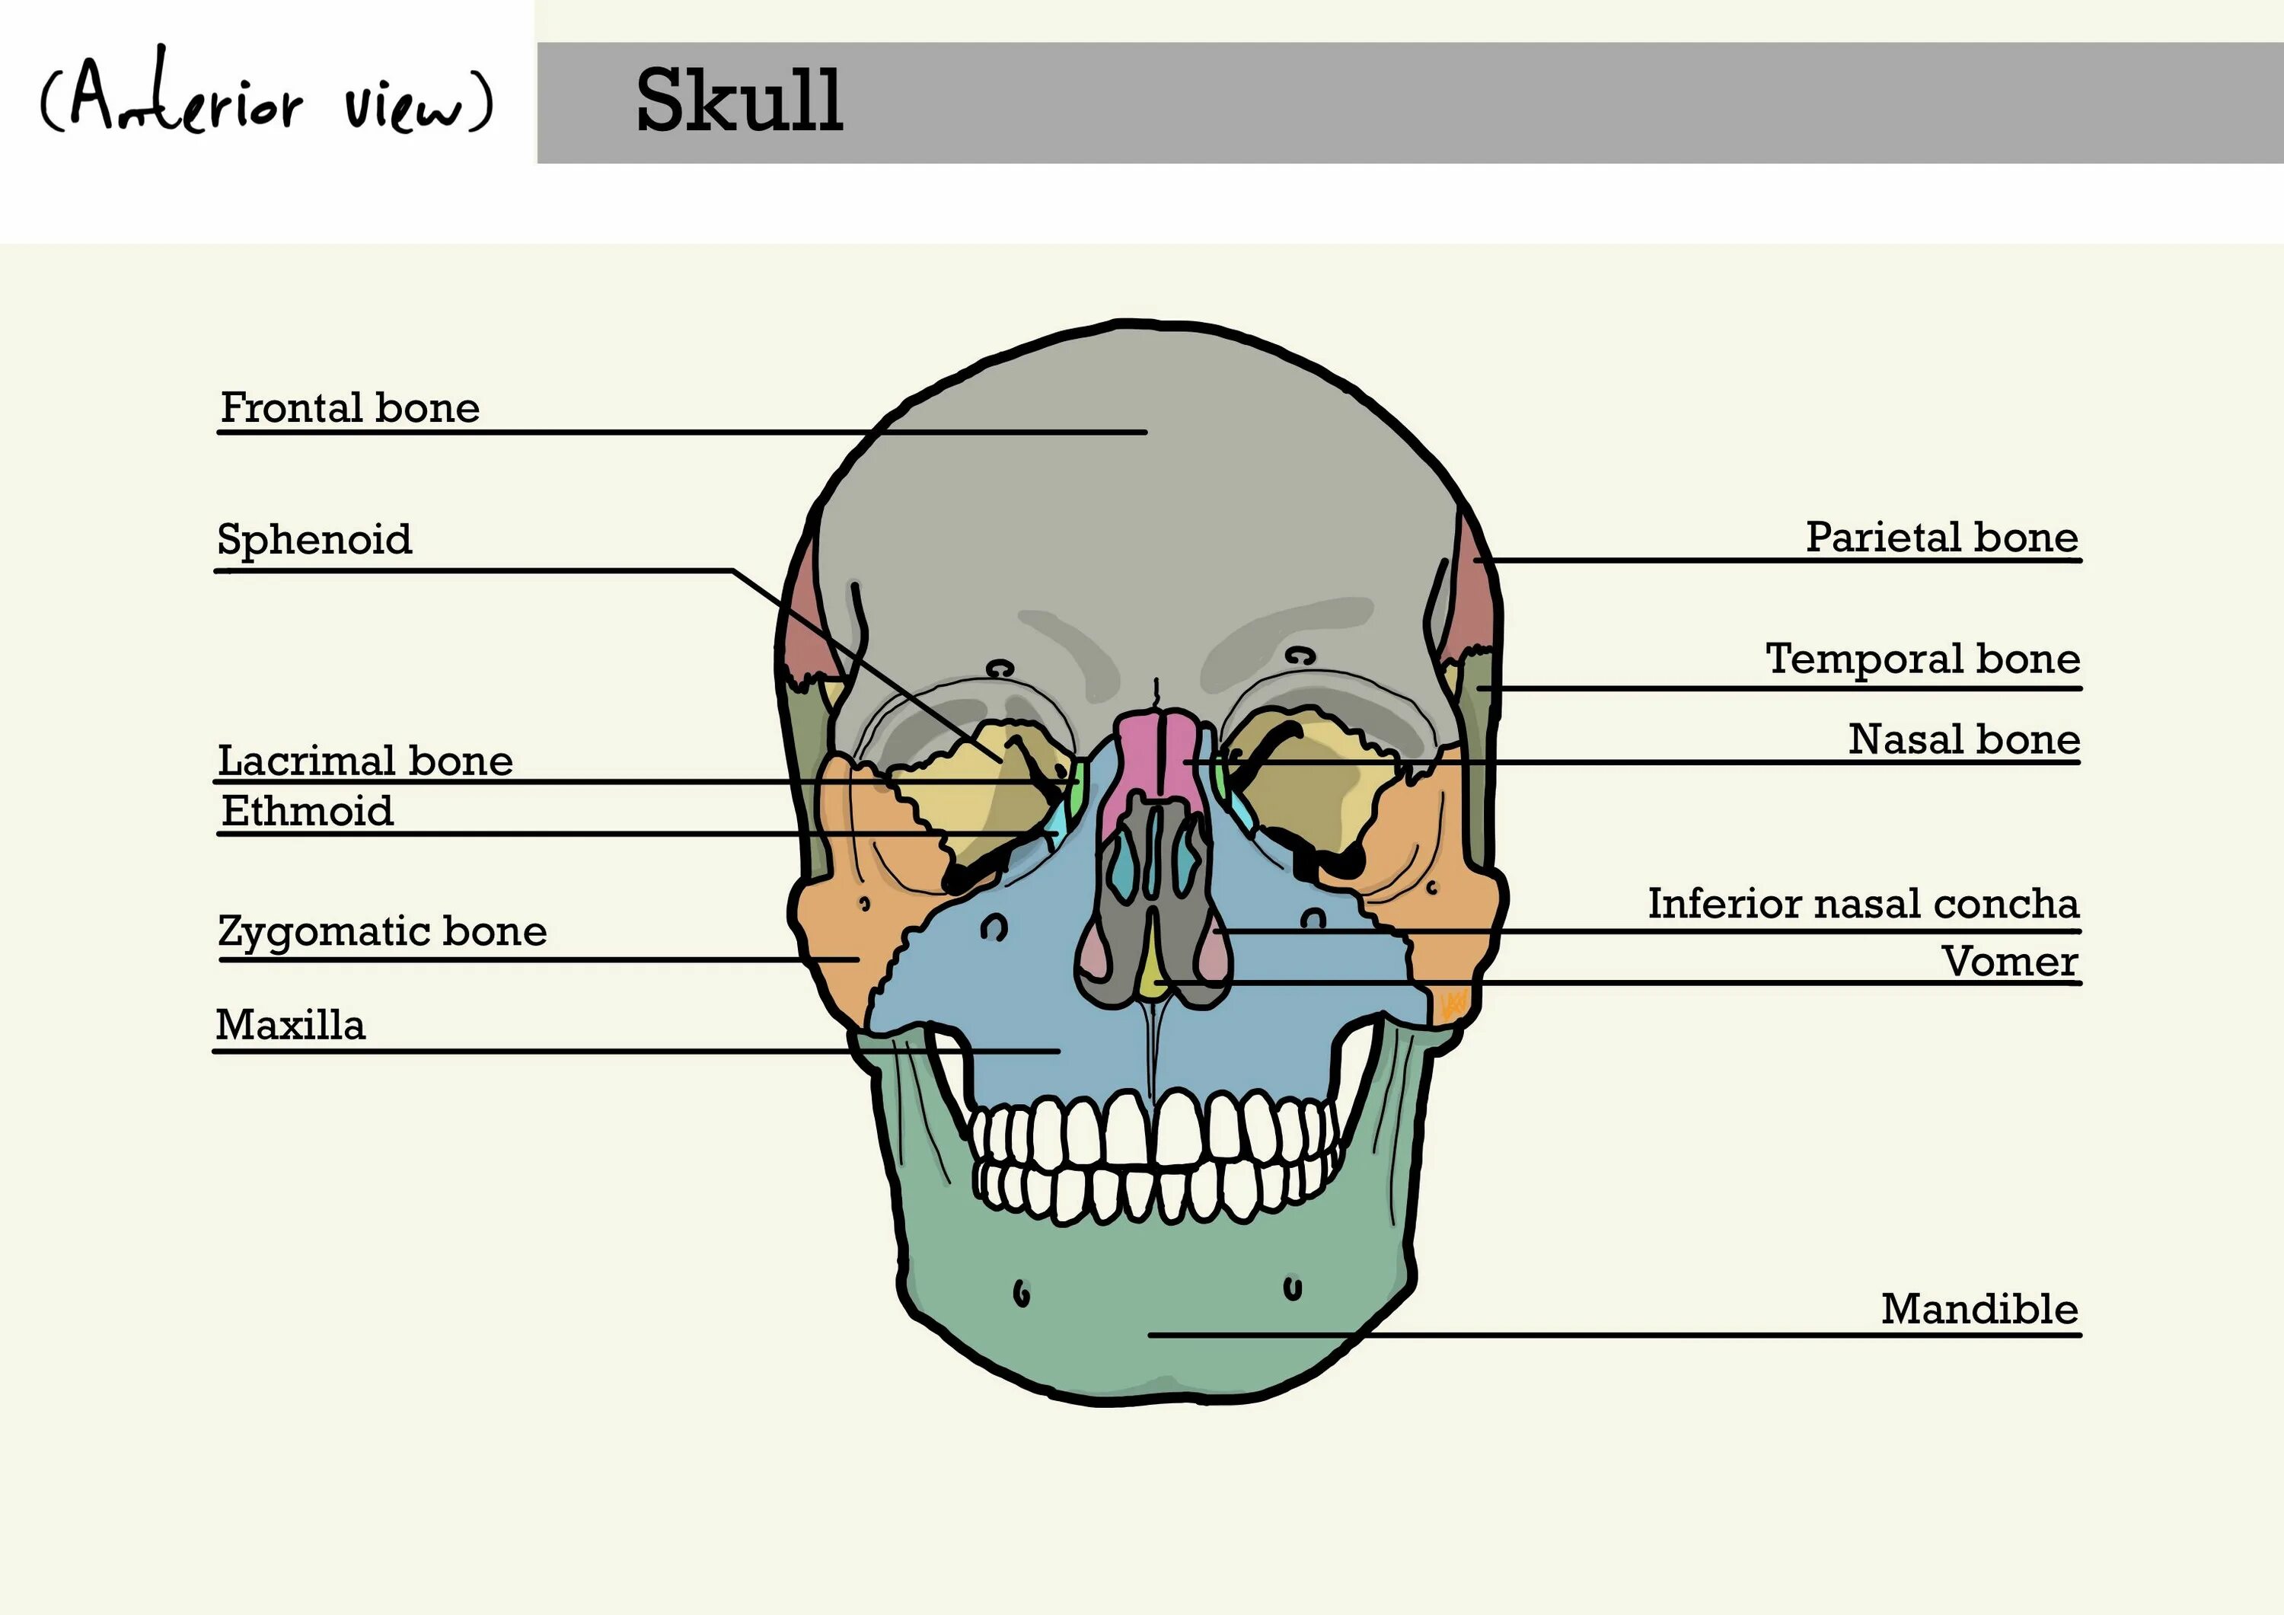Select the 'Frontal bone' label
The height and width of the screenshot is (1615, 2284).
pos(350,408)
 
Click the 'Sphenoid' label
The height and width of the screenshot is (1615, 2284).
pos(314,539)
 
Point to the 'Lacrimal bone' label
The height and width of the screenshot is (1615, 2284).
pos(365,761)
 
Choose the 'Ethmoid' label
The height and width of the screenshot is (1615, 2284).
pos(308,812)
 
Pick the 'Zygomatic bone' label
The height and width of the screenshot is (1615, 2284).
pos(382,931)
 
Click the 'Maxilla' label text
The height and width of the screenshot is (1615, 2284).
pos(291,1025)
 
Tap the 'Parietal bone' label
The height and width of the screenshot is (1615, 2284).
pos(1942,538)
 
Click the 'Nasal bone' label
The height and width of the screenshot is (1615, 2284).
pos(1963,739)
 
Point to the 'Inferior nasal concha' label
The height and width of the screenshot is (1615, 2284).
pos(1863,904)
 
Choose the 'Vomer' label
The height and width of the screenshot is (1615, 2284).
pos(2009,961)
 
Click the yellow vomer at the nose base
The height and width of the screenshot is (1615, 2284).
pos(1154,970)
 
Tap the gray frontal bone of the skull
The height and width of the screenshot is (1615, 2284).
pos(1144,497)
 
